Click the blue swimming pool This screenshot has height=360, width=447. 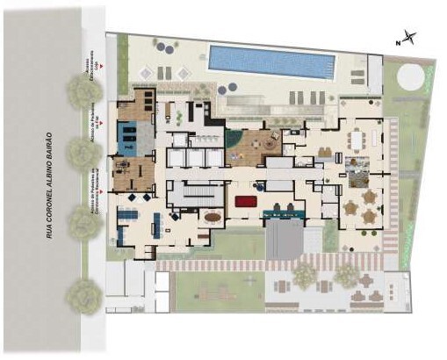tap(271, 61)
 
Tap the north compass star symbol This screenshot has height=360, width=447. tap(410, 38)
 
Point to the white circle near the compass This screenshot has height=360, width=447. tap(409, 77)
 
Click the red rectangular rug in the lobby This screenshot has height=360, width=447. tap(245, 201)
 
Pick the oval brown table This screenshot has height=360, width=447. tap(213, 216)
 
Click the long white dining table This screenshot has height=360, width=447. tap(361, 139)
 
